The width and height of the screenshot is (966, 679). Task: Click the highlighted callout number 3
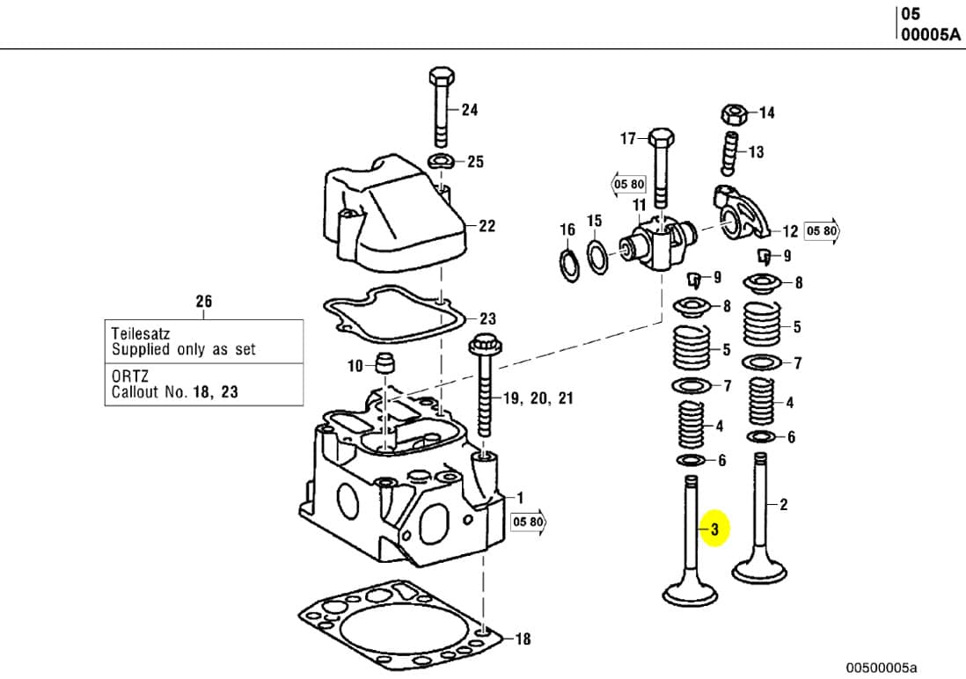pos(715,529)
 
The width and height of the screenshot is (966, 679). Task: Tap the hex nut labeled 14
pos(733,113)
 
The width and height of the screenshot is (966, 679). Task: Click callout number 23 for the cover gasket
pos(487,318)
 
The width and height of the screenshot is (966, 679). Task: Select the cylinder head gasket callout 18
pos(523,639)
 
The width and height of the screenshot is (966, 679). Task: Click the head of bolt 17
pos(662,137)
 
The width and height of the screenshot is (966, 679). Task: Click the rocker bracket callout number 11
pos(640,206)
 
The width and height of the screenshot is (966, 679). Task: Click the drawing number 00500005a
pos(881,668)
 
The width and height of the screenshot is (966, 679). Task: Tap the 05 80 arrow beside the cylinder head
pos(530,522)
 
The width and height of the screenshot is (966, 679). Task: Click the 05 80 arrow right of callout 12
pos(823,231)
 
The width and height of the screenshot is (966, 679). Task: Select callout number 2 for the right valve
pos(783,504)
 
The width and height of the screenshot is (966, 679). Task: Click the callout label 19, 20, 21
pos(538,398)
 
